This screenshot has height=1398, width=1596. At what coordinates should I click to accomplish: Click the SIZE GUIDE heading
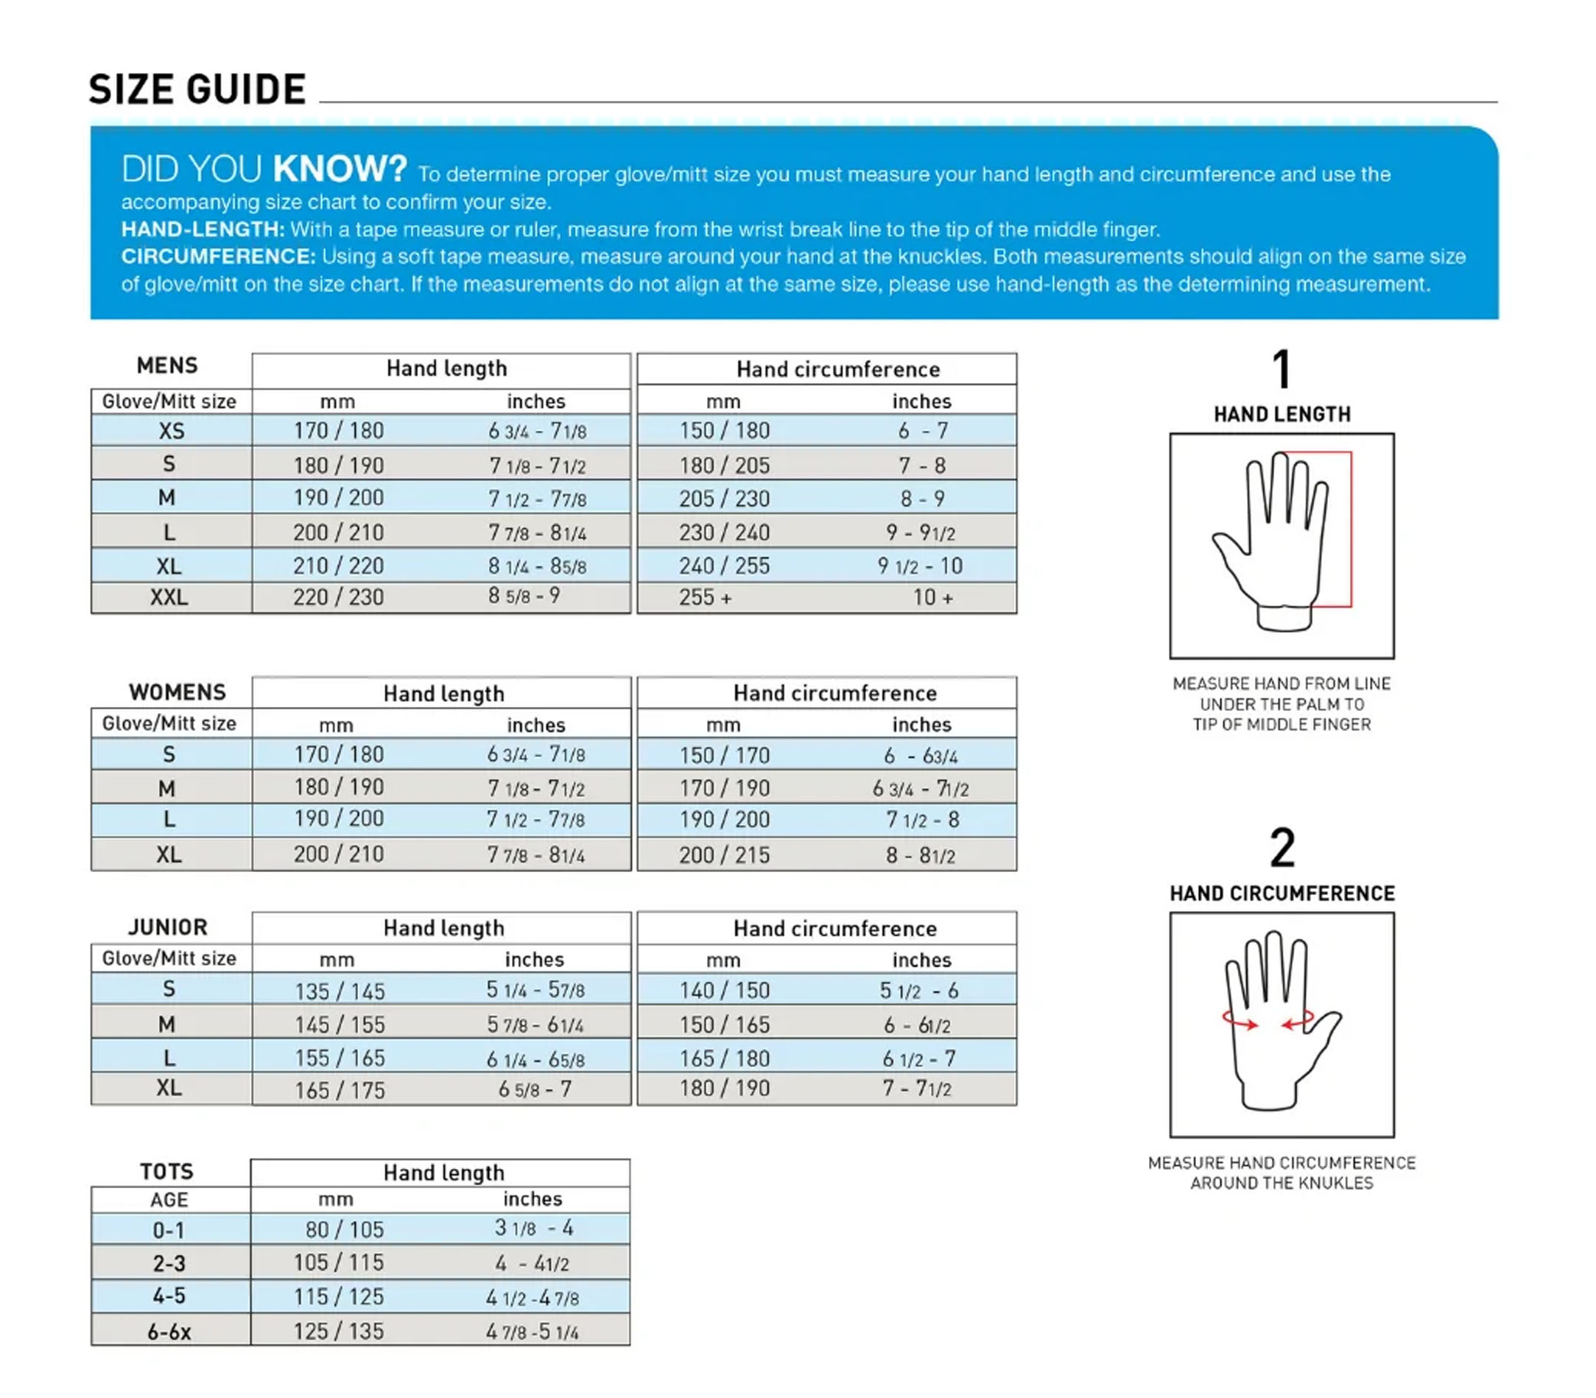pyautogui.click(x=197, y=89)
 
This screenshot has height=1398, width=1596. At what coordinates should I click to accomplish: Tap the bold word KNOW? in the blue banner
pyautogui.click(x=340, y=169)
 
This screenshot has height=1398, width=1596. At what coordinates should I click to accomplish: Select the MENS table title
pyautogui.click(x=167, y=365)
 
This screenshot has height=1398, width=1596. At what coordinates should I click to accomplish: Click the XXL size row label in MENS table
pyautogui.click(x=169, y=597)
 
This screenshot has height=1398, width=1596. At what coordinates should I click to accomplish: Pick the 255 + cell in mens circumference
pyautogui.click(x=704, y=597)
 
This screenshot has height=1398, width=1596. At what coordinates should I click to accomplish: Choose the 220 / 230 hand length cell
pyautogui.click(x=338, y=597)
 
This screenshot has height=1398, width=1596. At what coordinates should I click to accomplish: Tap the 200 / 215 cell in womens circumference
pyautogui.click(x=724, y=855)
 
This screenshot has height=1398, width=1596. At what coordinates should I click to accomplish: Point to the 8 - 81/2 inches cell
pyautogui.click(x=920, y=856)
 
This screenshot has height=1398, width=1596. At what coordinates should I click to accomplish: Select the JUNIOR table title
pyautogui.click(x=168, y=927)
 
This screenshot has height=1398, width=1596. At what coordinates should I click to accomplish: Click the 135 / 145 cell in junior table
pyautogui.click(x=340, y=991)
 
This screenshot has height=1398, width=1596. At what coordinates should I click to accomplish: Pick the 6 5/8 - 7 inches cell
pyautogui.click(x=535, y=1089)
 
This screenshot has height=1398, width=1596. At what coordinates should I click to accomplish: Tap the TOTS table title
pyautogui.click(x=166, y=1171)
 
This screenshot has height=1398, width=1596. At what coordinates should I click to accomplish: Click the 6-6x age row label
pyautogui.click(x=169, y=1332)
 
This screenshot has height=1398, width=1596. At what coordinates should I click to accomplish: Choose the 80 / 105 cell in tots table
pyautogui.click(x=344, y=1229)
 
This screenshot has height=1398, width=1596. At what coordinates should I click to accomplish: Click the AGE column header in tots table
pyautogui.click(x=169, y=1200)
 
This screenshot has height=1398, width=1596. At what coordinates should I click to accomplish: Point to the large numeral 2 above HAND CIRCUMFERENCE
pyautogui.click(x=1282, y=848)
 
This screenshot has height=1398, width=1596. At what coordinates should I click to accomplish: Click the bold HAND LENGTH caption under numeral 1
pyautogui.click(x=1282, y=414)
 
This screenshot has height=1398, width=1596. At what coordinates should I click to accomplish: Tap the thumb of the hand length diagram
pyautogui.click(x=1228, y=546)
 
